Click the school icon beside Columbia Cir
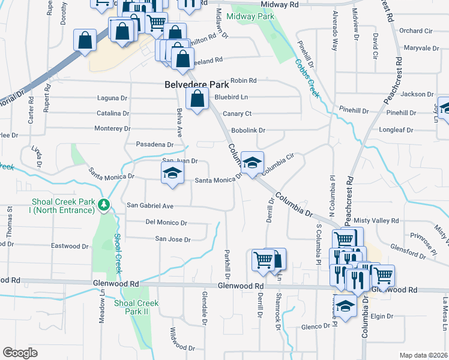(x=253, y=163)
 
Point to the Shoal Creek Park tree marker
(x=104, y=205)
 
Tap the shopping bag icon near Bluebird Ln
(x=197, y=100)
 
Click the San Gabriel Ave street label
(x=149, y=206)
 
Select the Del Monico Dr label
(x=166, y=223)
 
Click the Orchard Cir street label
(x=415, y=31)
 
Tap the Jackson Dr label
(x=417, y=94)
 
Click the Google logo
(x=20, y=353)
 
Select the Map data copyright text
(x=423, y=355)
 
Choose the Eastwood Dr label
(x=70, y=246)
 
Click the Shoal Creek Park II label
(x=136, y=307)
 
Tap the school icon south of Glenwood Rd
(x=345, y=306)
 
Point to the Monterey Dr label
(x=112, y=129)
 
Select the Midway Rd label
(x=280, y=4)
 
